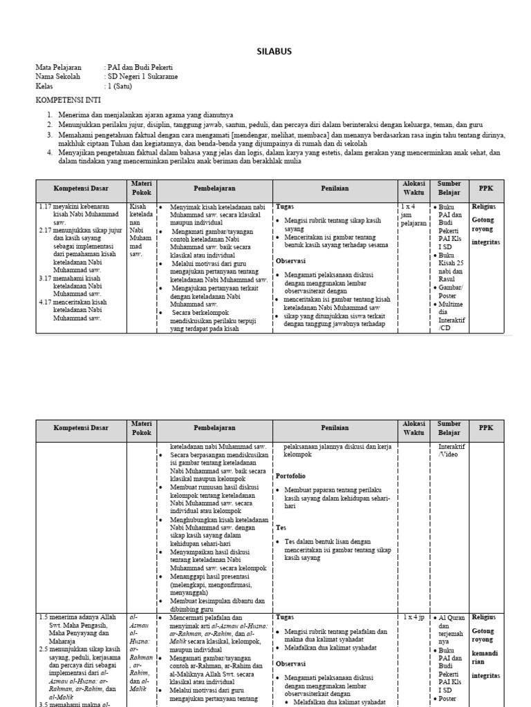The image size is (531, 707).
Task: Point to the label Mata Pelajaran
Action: [59, 68]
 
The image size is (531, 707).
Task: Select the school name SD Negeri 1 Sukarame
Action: [143, 77]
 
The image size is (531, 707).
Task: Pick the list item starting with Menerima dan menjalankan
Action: [145, 114]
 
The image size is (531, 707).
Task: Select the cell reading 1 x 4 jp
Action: [412, 617]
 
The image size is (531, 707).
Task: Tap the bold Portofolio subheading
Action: [290, 476]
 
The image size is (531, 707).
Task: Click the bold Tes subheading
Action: [281, 527]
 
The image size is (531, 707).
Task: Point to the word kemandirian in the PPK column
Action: [484, 657]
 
